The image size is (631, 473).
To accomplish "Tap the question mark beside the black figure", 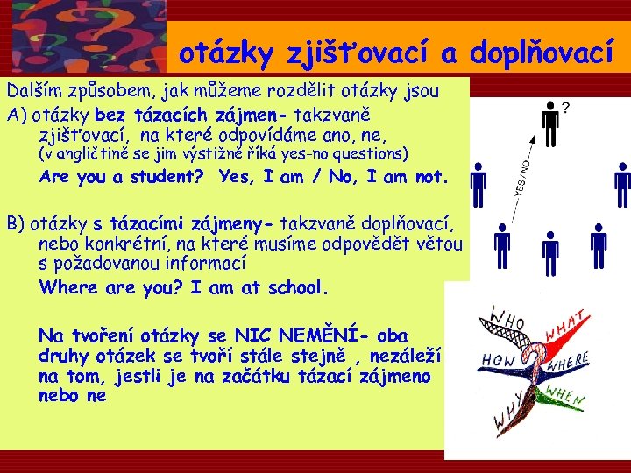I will pyautogui.click(x=567, y=109).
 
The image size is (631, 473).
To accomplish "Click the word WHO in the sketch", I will pyautogui.click(x=507, y=314).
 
